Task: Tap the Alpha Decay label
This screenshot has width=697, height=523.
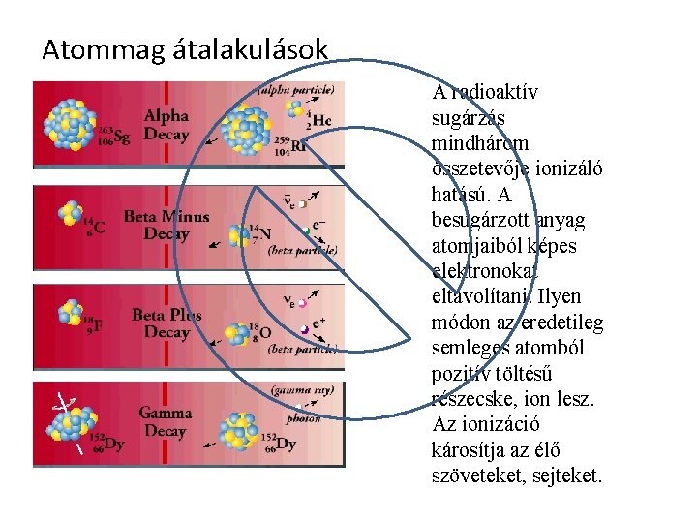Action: [167, 125]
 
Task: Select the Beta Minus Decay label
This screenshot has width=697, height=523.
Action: [166, 225]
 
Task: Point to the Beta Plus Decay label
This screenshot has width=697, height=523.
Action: [167, 323]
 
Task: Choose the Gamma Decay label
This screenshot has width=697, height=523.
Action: [166, 421]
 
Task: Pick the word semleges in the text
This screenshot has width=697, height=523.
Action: [469, 347]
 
